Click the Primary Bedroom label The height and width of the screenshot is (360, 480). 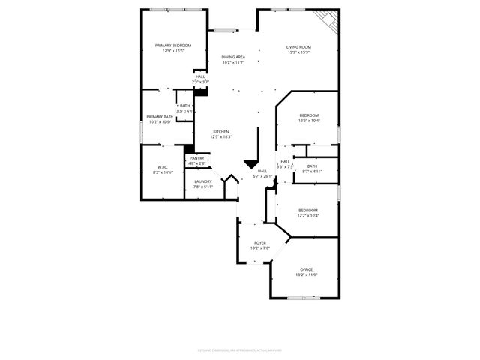click(173, 46)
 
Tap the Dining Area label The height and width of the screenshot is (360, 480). click(233, 57)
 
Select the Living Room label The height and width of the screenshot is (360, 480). click(298, 47)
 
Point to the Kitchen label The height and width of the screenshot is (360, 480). click(220, 132)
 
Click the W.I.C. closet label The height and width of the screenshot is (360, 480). click(163, 167)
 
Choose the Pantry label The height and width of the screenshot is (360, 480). click(196, 158)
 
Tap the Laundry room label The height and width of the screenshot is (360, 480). click(202, 181)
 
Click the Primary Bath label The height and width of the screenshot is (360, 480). click(160, 116)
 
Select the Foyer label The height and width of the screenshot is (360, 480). click(260, 243)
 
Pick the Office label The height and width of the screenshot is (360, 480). click(307, 269)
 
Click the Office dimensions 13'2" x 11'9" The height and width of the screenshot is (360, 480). click(307, 274)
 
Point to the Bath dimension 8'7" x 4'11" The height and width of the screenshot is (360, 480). click(311, 172)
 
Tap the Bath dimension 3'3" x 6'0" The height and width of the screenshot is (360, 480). click(184, 111)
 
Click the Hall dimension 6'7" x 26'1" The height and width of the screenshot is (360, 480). click(262, 177)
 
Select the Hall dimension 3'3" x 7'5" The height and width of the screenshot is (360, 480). click(285, 166)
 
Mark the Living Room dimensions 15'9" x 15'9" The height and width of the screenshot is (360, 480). click(298, 52)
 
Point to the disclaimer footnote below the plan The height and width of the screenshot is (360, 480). click(239, 348)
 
